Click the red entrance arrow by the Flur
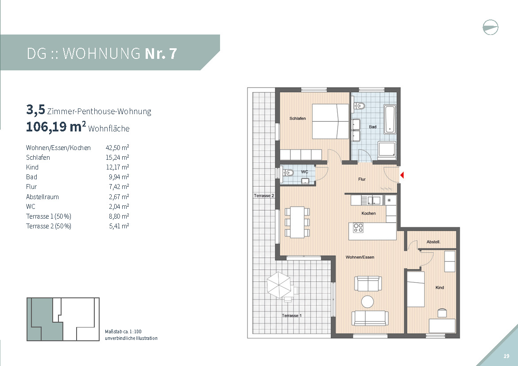click(402, 175)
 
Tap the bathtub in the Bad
click(390, 119)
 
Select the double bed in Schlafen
click(330, 121)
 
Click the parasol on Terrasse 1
click(279, 285)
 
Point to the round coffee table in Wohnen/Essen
click(367, 301)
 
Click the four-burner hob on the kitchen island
click(359, 227)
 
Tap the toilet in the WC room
click(288, 173)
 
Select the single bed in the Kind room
click(416, 289)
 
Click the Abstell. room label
click(433, 242)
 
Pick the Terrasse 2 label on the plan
click(263, 196)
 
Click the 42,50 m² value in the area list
click(117, 148)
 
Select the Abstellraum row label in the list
click(43, 197)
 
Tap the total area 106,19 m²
click(56, 127)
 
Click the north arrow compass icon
click(490, 27)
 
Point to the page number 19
click(506, 356)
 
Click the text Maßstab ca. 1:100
click(123, 331)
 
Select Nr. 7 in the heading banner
click(161, 54)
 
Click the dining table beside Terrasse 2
click(298, 222)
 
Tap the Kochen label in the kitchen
click(369, 213)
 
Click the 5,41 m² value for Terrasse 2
click(119, 226)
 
